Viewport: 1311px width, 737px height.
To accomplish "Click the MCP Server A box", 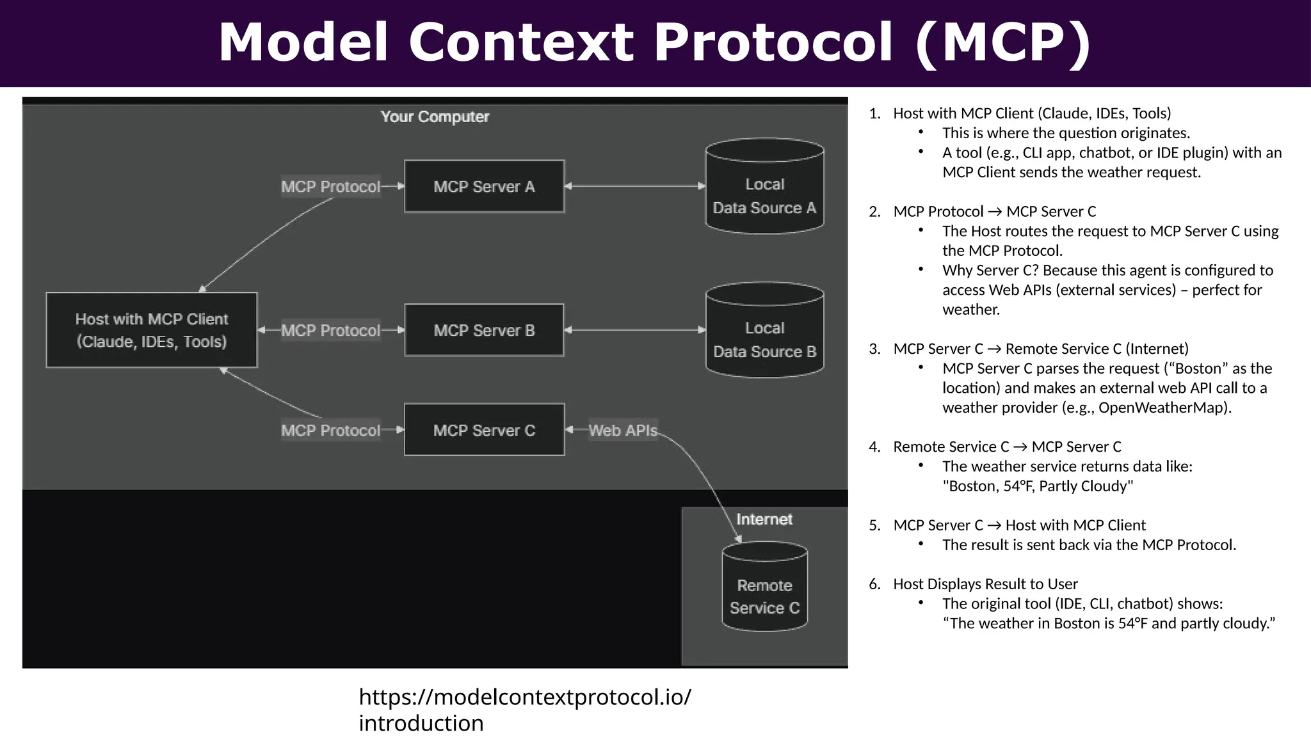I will [484, 186].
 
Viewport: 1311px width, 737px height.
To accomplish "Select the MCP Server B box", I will [484, 330].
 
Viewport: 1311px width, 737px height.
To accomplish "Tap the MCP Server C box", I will [484, 430].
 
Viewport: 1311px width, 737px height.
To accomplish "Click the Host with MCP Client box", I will [152, 330].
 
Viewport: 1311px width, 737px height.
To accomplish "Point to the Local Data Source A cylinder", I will [764, 187].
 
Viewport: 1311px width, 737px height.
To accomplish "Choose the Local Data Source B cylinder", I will [764, 331].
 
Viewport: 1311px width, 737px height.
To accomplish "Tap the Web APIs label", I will [623, 430].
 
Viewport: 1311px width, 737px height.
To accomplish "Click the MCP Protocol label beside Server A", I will [330, 186].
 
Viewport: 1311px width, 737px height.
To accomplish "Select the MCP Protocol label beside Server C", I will [330, 430].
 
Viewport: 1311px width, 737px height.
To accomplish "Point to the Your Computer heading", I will [435, 116].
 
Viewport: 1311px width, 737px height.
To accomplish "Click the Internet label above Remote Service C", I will [764, 519].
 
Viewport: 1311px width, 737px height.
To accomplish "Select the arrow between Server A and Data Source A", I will [634, 186].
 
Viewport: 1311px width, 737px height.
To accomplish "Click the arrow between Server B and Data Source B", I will [634, 330].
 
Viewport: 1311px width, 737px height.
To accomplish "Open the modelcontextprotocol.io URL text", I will [524, 709].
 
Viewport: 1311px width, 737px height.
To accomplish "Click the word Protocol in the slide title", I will [772, 42].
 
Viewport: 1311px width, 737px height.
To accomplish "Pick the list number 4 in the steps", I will [874, 447].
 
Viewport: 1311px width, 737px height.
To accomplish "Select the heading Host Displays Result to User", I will [985, 584].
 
